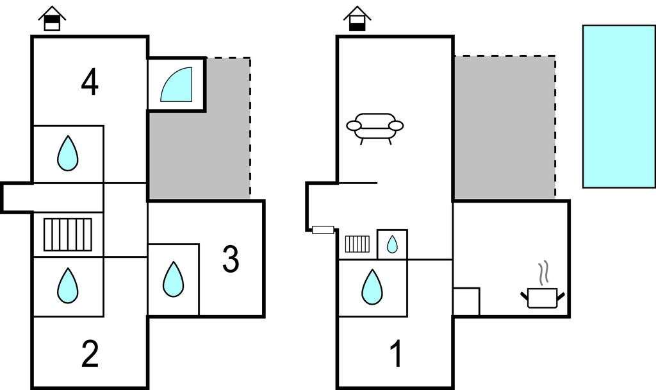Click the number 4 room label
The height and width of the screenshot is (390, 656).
pyautogui.click(x=90, y=83)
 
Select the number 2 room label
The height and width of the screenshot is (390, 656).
pyautogui.click(x=90, y=353)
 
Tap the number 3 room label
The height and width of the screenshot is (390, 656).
pyautogui.click(x=231, y=259)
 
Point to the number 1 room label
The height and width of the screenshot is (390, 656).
pyautogui.click(x=397, y=353)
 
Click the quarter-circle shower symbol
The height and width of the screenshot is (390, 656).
pyautogui.click(x=176, y=85)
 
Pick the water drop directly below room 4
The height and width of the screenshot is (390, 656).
pyautogui.click(x=67, y=154)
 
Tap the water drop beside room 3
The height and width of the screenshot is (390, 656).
pyautogui.click(x=173, y=280)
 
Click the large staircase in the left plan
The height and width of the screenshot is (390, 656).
pyautogui.click(x=68, y=235)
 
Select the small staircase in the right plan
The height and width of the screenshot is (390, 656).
pyautogui.click(x=357, y=244)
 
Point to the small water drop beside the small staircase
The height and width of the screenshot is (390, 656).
pyautogui.click(x=392, y=244)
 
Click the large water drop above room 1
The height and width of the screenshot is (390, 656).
pyautogui.click(x=372, y=287)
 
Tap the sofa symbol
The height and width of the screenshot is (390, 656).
pyautogui.click(x=375, y=126)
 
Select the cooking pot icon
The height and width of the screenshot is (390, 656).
pyautogui.click(x=542, y=298)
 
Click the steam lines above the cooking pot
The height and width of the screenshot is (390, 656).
pyautogui.click(x=544, y=273)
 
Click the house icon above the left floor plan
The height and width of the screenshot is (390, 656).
pyautogui.click(x=52, y=19)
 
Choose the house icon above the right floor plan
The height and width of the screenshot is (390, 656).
pyautogui.click(x=357, y=19)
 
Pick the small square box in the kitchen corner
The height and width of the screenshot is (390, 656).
pyautogui.click(x=466, y=301)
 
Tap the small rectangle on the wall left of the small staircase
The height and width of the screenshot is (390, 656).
pyautogui.click(x=323, y=230)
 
